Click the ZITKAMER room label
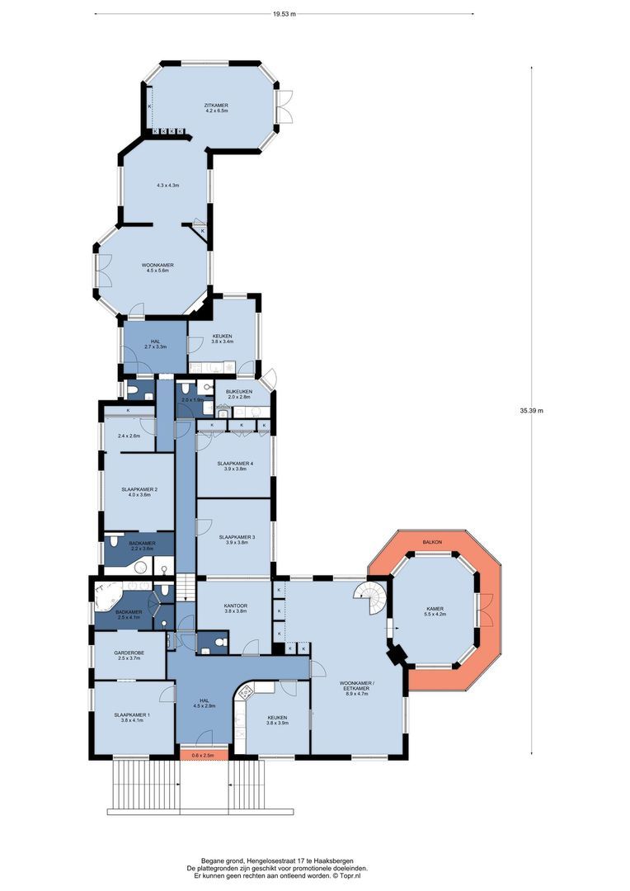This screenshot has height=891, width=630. [x=216, y=106]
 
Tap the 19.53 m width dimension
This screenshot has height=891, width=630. [x=284, y=14]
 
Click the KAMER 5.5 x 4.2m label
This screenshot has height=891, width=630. [x=434, y=611]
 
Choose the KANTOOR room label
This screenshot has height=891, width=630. [x=236, y=606]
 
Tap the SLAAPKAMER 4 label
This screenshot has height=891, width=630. [x=234, y=464]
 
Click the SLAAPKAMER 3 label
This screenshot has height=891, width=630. [x=237, y=538]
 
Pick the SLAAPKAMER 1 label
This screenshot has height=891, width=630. [x=132, y=716]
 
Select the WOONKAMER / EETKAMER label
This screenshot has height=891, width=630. [x=358, y=684]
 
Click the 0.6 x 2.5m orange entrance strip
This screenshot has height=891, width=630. [x=202, y=755]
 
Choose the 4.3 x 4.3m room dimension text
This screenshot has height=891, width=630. [x=167, y=186]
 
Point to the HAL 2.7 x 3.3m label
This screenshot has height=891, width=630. [x=155, y=342]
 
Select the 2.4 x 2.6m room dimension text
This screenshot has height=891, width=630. [x=129, y=435]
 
